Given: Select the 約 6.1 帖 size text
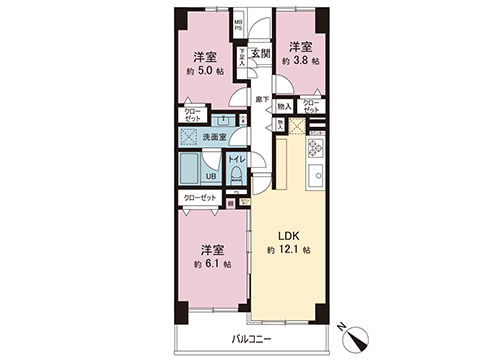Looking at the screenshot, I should click(211, 264).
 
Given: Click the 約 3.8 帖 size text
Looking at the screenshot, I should click(300, 60).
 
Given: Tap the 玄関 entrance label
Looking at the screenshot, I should click(260, 53).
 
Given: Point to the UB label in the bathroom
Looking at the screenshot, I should click(211, 177).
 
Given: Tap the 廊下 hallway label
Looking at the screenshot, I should click(261, 99).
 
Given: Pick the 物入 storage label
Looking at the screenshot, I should click(284, 106).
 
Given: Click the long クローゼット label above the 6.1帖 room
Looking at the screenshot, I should click(202, 199).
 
